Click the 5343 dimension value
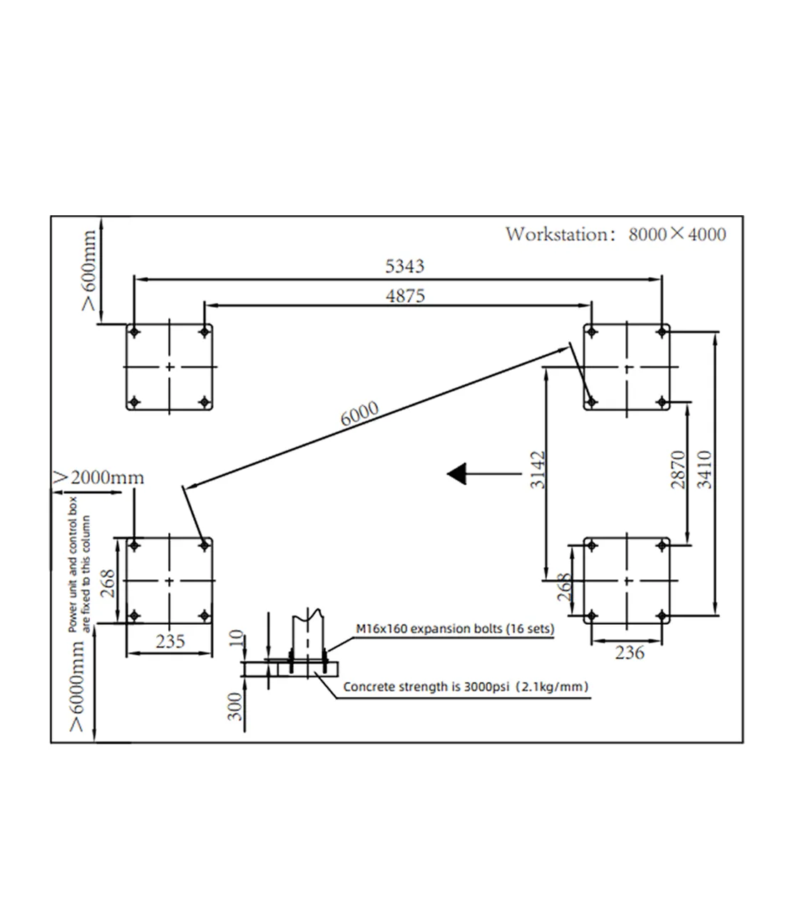(404, 266)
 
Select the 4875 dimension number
(405, 296)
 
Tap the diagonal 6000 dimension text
(359, 413)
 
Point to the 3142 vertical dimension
(538, 470)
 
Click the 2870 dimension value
(678, 470)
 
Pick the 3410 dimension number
(704, 470)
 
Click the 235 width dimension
(170, 641)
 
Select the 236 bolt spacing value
(630, 652)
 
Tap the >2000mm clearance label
(98, 477)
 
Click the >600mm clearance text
(89, 270)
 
